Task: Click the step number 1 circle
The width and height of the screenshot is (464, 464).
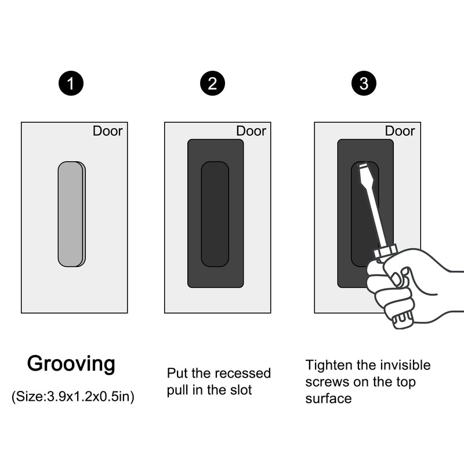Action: click(x=71, y=83)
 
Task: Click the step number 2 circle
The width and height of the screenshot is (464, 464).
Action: click(x=212, y=83)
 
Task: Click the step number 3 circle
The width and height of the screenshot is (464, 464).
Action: click(x=364, y=83)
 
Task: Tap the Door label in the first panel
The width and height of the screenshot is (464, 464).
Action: click(x=108, y=131)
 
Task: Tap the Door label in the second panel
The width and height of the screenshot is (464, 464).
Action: click(x=251, y=131)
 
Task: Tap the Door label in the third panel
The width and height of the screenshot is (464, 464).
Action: click(x=400, y=131)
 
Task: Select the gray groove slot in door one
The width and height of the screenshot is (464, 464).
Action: click(x=71, y=214)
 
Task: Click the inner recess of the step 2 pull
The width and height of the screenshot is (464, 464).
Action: click(x=215, y=214)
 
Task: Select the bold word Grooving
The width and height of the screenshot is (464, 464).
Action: click(x=71, y=364)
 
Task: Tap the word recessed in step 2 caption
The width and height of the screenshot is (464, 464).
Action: click(x=242, y=373)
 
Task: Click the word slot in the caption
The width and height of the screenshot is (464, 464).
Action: click(x=240, y=390)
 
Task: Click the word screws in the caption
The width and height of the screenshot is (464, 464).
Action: click(x=328, y=382)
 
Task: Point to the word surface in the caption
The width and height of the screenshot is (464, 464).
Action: click(x=329, y=399)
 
